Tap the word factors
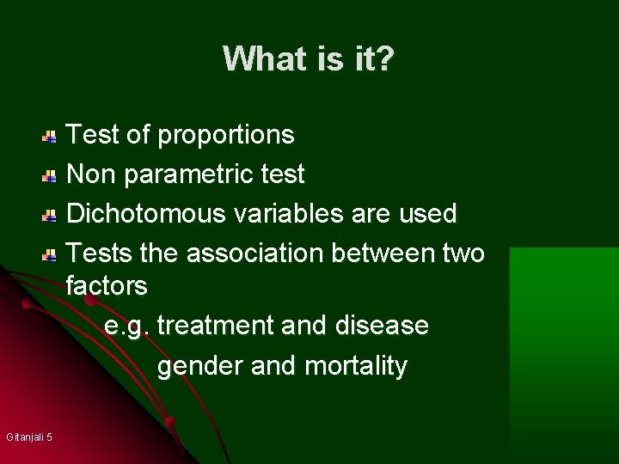[107, 284]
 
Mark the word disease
[383, 326]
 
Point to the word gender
[200, 366]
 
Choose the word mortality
[356, 366]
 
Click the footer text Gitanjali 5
[29, 437]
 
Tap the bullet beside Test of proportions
[51, 136]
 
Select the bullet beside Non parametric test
[51, 175]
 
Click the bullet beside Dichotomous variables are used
[51, 215]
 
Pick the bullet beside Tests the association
[51, 254]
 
